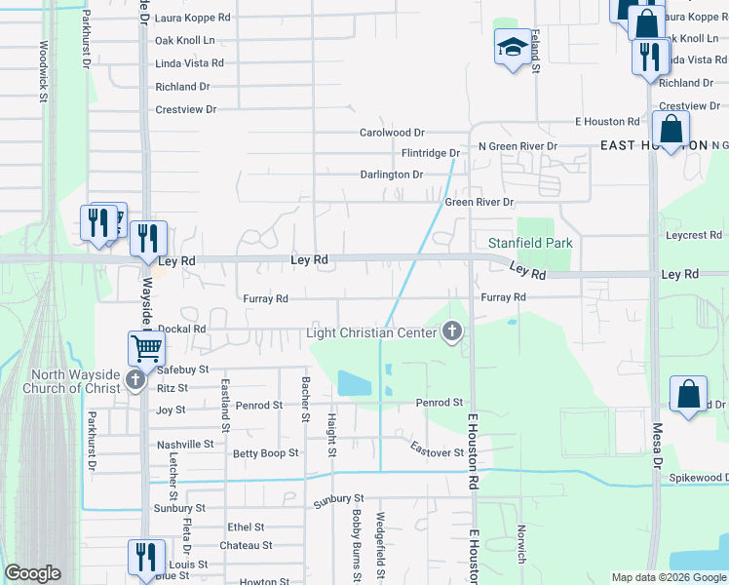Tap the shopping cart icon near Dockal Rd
(x=146, y=348)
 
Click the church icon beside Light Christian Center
(x=451, y=333)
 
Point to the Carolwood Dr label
(x=392, y=133)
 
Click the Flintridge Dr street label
(x=431, y=153)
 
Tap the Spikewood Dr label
(x=698, y=478)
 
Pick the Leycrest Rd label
(x=694, y=235)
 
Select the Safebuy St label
(x=183, y=370)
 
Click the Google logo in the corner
(x=33, y=573)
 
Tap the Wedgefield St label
(x=380, y=547)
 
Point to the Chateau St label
(x=246, y=545)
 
